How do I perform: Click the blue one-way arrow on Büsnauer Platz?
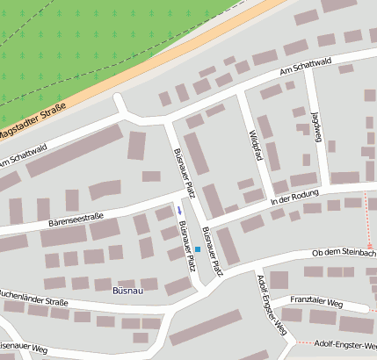[x=179, y=211]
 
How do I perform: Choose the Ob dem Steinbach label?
[x=344, y=253]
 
